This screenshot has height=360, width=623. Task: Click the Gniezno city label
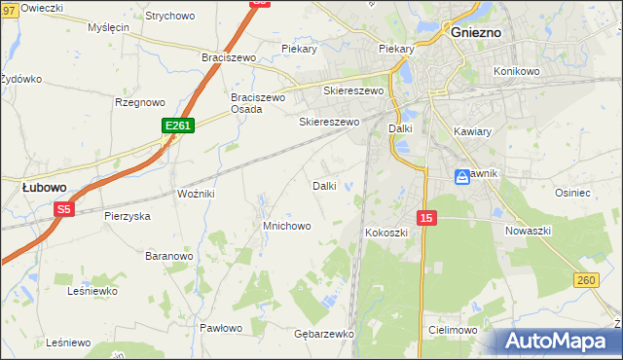pos(476,31)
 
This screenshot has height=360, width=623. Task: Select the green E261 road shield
pos(178,126)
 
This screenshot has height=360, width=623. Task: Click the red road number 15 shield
pos(424,218)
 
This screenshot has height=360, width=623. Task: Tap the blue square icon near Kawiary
pos(461,176)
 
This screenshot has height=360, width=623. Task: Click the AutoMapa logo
pos(559,342)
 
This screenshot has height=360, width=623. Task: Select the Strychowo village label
pos(169,17)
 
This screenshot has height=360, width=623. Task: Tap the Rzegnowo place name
pos(140,102)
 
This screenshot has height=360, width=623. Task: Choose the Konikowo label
pos(516,71)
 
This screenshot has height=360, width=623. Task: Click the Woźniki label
pos(195,194)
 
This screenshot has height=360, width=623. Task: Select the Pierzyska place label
pos(127,216)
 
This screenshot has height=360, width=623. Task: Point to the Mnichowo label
pos(286,226)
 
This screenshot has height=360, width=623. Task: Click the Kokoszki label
pos(385,233)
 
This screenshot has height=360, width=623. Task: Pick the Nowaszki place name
pos(529,231)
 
